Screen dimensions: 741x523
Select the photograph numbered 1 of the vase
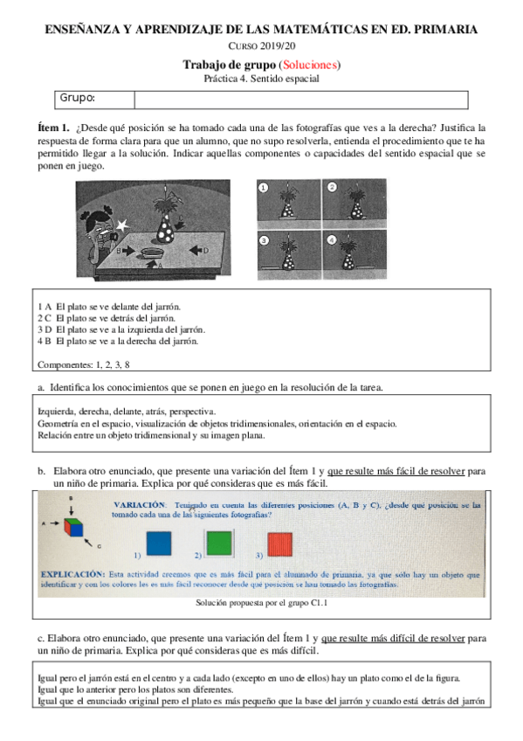(290, 204)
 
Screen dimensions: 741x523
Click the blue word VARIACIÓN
(140, 506)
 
